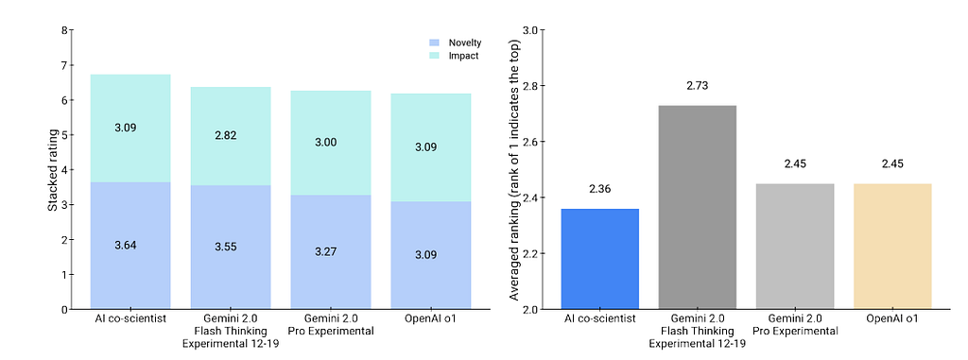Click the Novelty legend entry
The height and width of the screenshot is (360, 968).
(x=455, y=43)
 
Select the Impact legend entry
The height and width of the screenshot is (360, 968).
(x=453, y=56)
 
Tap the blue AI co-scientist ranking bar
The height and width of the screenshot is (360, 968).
(x=600, y=259)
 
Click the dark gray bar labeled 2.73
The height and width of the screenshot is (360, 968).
(x=698, y=207)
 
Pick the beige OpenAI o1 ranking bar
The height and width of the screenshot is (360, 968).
(x=892, y=247)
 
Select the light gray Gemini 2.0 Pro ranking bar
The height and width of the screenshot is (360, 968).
(x=795, y=247)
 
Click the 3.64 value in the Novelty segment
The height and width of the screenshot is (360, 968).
(x=126, y=245)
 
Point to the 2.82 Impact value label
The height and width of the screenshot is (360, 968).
(x=226, y=136)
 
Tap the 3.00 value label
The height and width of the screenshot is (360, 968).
(x=326, y=142)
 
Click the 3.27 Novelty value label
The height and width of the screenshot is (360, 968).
(x=326, y=252)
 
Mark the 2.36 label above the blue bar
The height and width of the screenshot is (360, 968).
(x=600, y=189)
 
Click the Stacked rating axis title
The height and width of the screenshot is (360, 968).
(x=53, y=170)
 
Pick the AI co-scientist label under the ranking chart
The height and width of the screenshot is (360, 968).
(x=600, y=319)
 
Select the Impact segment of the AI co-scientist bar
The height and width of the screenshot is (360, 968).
(x=130, y=129)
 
